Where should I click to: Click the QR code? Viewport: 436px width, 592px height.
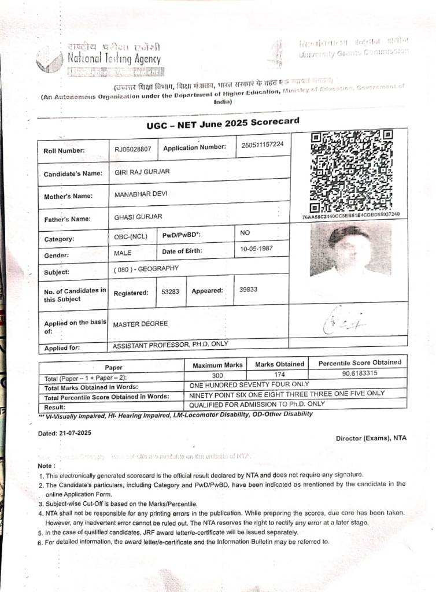tap(351, 172)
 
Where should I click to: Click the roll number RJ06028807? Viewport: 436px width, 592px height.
tap(132, 149)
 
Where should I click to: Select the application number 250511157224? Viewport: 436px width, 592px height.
tap(263, 144)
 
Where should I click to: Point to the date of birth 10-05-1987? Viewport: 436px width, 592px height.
tap(256, 249)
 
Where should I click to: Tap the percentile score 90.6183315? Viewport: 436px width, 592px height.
tap(360, 373)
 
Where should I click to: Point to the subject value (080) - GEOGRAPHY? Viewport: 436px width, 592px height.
tap(146, 269)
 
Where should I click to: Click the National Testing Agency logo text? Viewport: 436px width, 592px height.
tap(114, 58)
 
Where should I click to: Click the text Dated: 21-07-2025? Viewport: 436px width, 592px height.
tap(65, 432)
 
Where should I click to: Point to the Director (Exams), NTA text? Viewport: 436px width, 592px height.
tap(371, 438)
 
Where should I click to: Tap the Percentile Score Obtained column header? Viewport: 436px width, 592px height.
tap(359, 363)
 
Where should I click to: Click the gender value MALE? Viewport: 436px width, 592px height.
tap(123, 253)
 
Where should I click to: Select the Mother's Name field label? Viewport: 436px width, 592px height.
tap(68, 196)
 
